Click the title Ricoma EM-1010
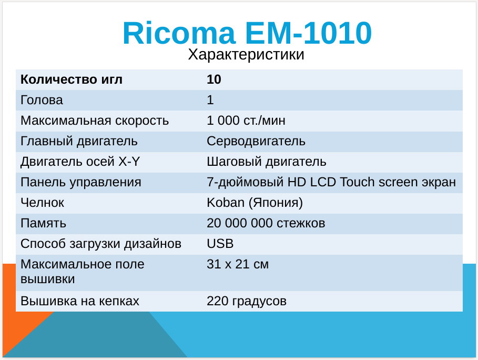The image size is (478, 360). click(x=247, y=33)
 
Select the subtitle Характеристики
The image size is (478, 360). click(x=246, y=55)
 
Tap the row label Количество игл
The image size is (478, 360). click(x=72, y=79)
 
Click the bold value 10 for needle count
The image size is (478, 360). click(x=214, y=79)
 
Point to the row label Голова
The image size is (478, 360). click(x=42, y=100)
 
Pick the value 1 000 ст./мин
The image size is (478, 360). click(x=246, y=121)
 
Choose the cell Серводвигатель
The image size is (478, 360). click(x=256, y=141)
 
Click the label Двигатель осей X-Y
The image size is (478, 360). click(x=80, y=162)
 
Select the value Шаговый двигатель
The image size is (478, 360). click(x=267, y=162)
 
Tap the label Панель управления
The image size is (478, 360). click(x=81, y=183)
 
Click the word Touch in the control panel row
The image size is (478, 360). click(x=357, y=182)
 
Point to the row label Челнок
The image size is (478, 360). click(x=43, y=203)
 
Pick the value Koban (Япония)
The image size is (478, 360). click(x=255, y=203)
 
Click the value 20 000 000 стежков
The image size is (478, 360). click(x=266, y=223)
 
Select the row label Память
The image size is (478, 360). click(x=43, y=223)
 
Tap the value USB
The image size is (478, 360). click(x=220, y=244)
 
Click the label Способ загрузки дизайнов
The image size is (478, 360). click(x=101, y=244)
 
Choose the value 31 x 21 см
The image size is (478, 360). click(x=238, y=264)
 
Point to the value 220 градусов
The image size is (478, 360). click(x=247, y=302)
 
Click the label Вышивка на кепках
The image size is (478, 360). click(x=80, y=301)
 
